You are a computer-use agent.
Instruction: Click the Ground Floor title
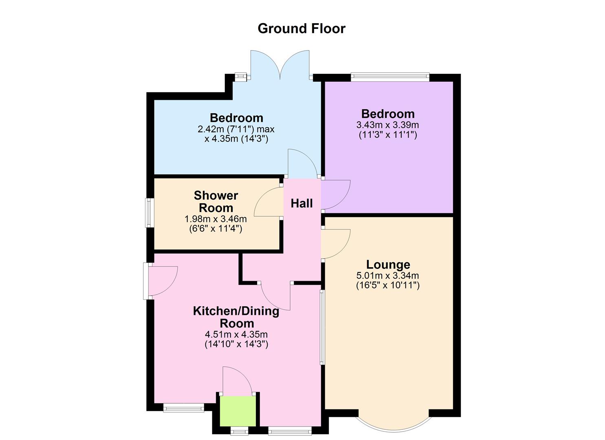(301, 29)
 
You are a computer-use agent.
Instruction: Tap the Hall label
(301, 203)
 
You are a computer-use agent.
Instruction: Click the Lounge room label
(388, 265)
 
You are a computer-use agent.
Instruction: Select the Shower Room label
(216, 201)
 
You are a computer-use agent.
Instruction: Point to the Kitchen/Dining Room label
(236, 317)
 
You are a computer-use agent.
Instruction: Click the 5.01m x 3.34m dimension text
(388, 276)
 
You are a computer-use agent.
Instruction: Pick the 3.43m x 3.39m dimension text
(388, 125)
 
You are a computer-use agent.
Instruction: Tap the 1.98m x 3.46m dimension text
(216, 219)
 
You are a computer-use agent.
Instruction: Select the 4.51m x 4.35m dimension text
(236, 334)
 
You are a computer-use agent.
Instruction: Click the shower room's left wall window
(149, 212)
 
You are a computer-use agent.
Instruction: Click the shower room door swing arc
(267, 202)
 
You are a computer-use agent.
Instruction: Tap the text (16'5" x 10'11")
(388, 285)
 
